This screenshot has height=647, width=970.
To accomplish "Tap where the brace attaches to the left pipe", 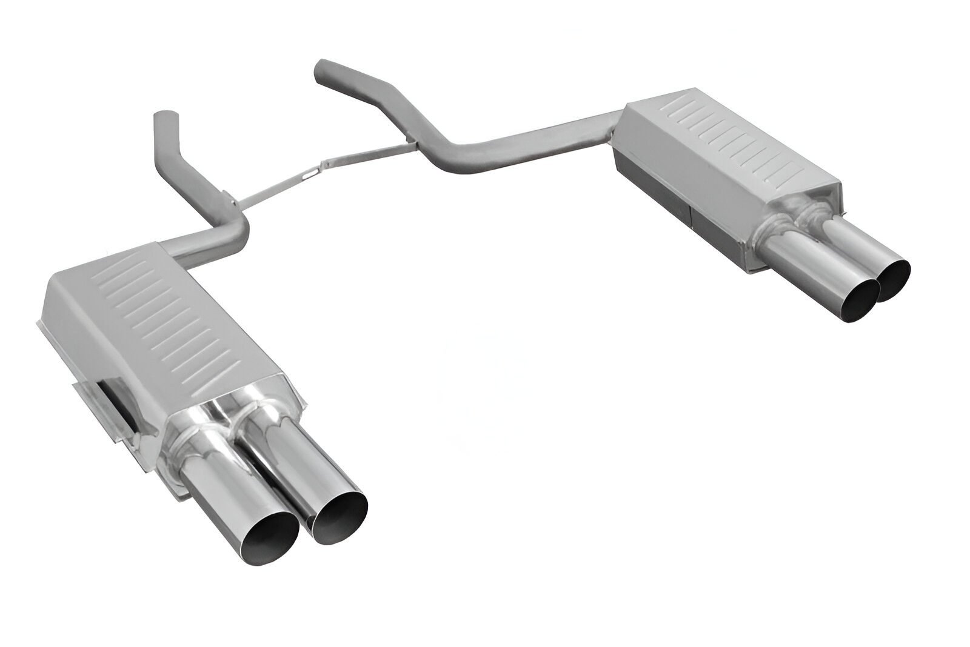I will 233,200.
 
